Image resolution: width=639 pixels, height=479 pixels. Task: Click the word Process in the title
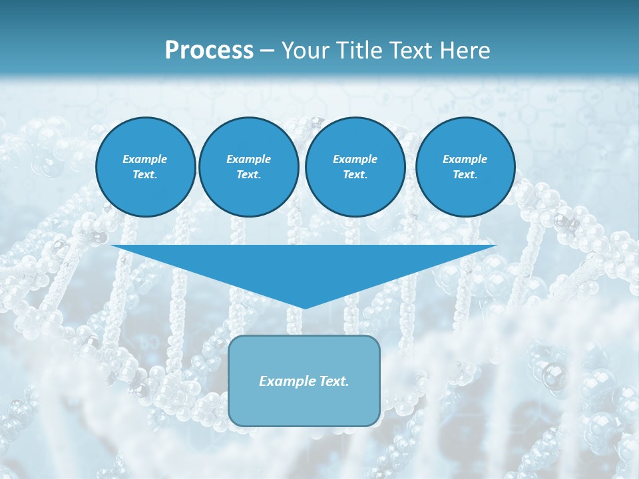pyautogui.click(x=209, y=50)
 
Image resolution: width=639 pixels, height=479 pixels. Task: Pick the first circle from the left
pyautogui.click(x=145, y=167)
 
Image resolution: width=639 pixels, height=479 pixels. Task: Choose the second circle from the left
pyautogui.click(x=248, y=167)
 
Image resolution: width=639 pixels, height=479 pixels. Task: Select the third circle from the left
pyautogui.click(x=355, y=167)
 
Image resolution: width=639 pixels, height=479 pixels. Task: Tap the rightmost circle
pyautogui.click(x=465, y=167)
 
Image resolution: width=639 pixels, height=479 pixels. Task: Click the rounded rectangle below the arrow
pyautogui.click(x=304, y=399)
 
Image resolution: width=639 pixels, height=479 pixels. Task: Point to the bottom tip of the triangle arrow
pyautogui.click(x=304, y=308)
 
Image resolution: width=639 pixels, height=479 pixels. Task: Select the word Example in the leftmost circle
pyautogui.click(x=145, y=159)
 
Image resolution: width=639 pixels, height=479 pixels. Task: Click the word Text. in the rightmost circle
pyautogui.click(x=465, y=175)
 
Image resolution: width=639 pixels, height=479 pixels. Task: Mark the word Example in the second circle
pyautogui.click(x=248, y=159)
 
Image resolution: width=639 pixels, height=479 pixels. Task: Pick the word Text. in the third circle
pyautogui.click(x=355, y=175)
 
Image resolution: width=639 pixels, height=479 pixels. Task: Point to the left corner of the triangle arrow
pyautogui.click(x=112, y=245)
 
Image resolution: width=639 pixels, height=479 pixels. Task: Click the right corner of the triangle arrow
pyautogui.click(x=496, y=245)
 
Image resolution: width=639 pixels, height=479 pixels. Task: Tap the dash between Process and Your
pyautogui.click(x=267, y=51)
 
